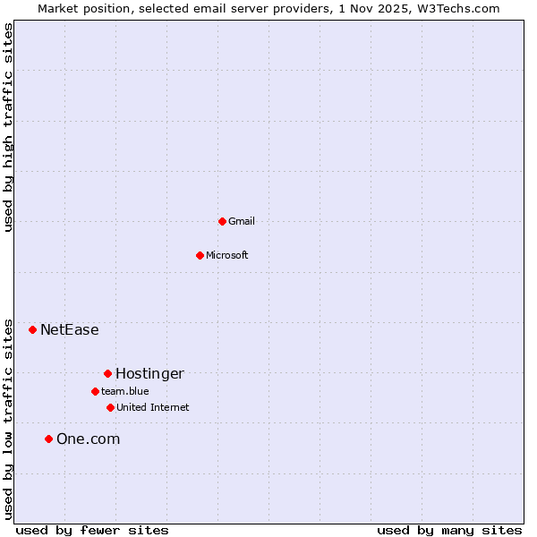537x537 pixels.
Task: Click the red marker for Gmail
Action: (x=222, y=221)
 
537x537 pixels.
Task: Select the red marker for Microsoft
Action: (x=200, y=255)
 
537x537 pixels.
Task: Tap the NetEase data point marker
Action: (x=33, y=329)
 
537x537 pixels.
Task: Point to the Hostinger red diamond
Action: (x=107, y=373)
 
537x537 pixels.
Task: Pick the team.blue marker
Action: (x=95, y=391)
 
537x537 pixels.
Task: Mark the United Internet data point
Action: (x=110, y=407)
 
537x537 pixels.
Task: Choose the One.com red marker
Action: (x=49, y=439)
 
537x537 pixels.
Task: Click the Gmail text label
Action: (x=242, y=221)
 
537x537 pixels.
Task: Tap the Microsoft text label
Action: (x=227, y=255)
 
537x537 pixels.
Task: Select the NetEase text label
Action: (x=70, y=329)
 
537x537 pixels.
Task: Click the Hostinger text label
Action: (x=149, y=373)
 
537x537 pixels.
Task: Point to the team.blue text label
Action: (x=125, y=391)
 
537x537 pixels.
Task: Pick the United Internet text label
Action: (x=153, y=407)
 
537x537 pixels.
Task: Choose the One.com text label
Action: (x=88, y=439)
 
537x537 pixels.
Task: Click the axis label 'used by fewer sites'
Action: (x=92, y=530)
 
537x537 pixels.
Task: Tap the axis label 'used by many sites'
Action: (x=449, y=530)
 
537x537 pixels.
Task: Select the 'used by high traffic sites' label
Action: (x=8, y=127)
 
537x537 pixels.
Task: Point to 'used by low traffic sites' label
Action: (x=8, y=418)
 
